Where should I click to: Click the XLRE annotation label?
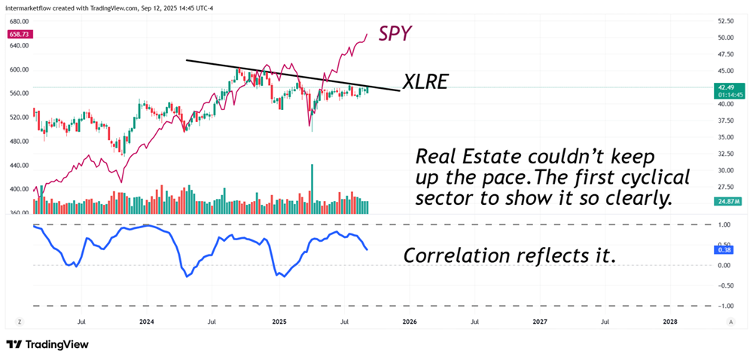pyautogui.click(x=425, y=82)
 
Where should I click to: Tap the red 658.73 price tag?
pyautogui.click(x=19, y=34)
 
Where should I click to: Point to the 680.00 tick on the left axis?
pyautogui.click(x=19, y=21)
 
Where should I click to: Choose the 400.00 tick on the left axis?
pyautogui.click(x=19, y=189)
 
